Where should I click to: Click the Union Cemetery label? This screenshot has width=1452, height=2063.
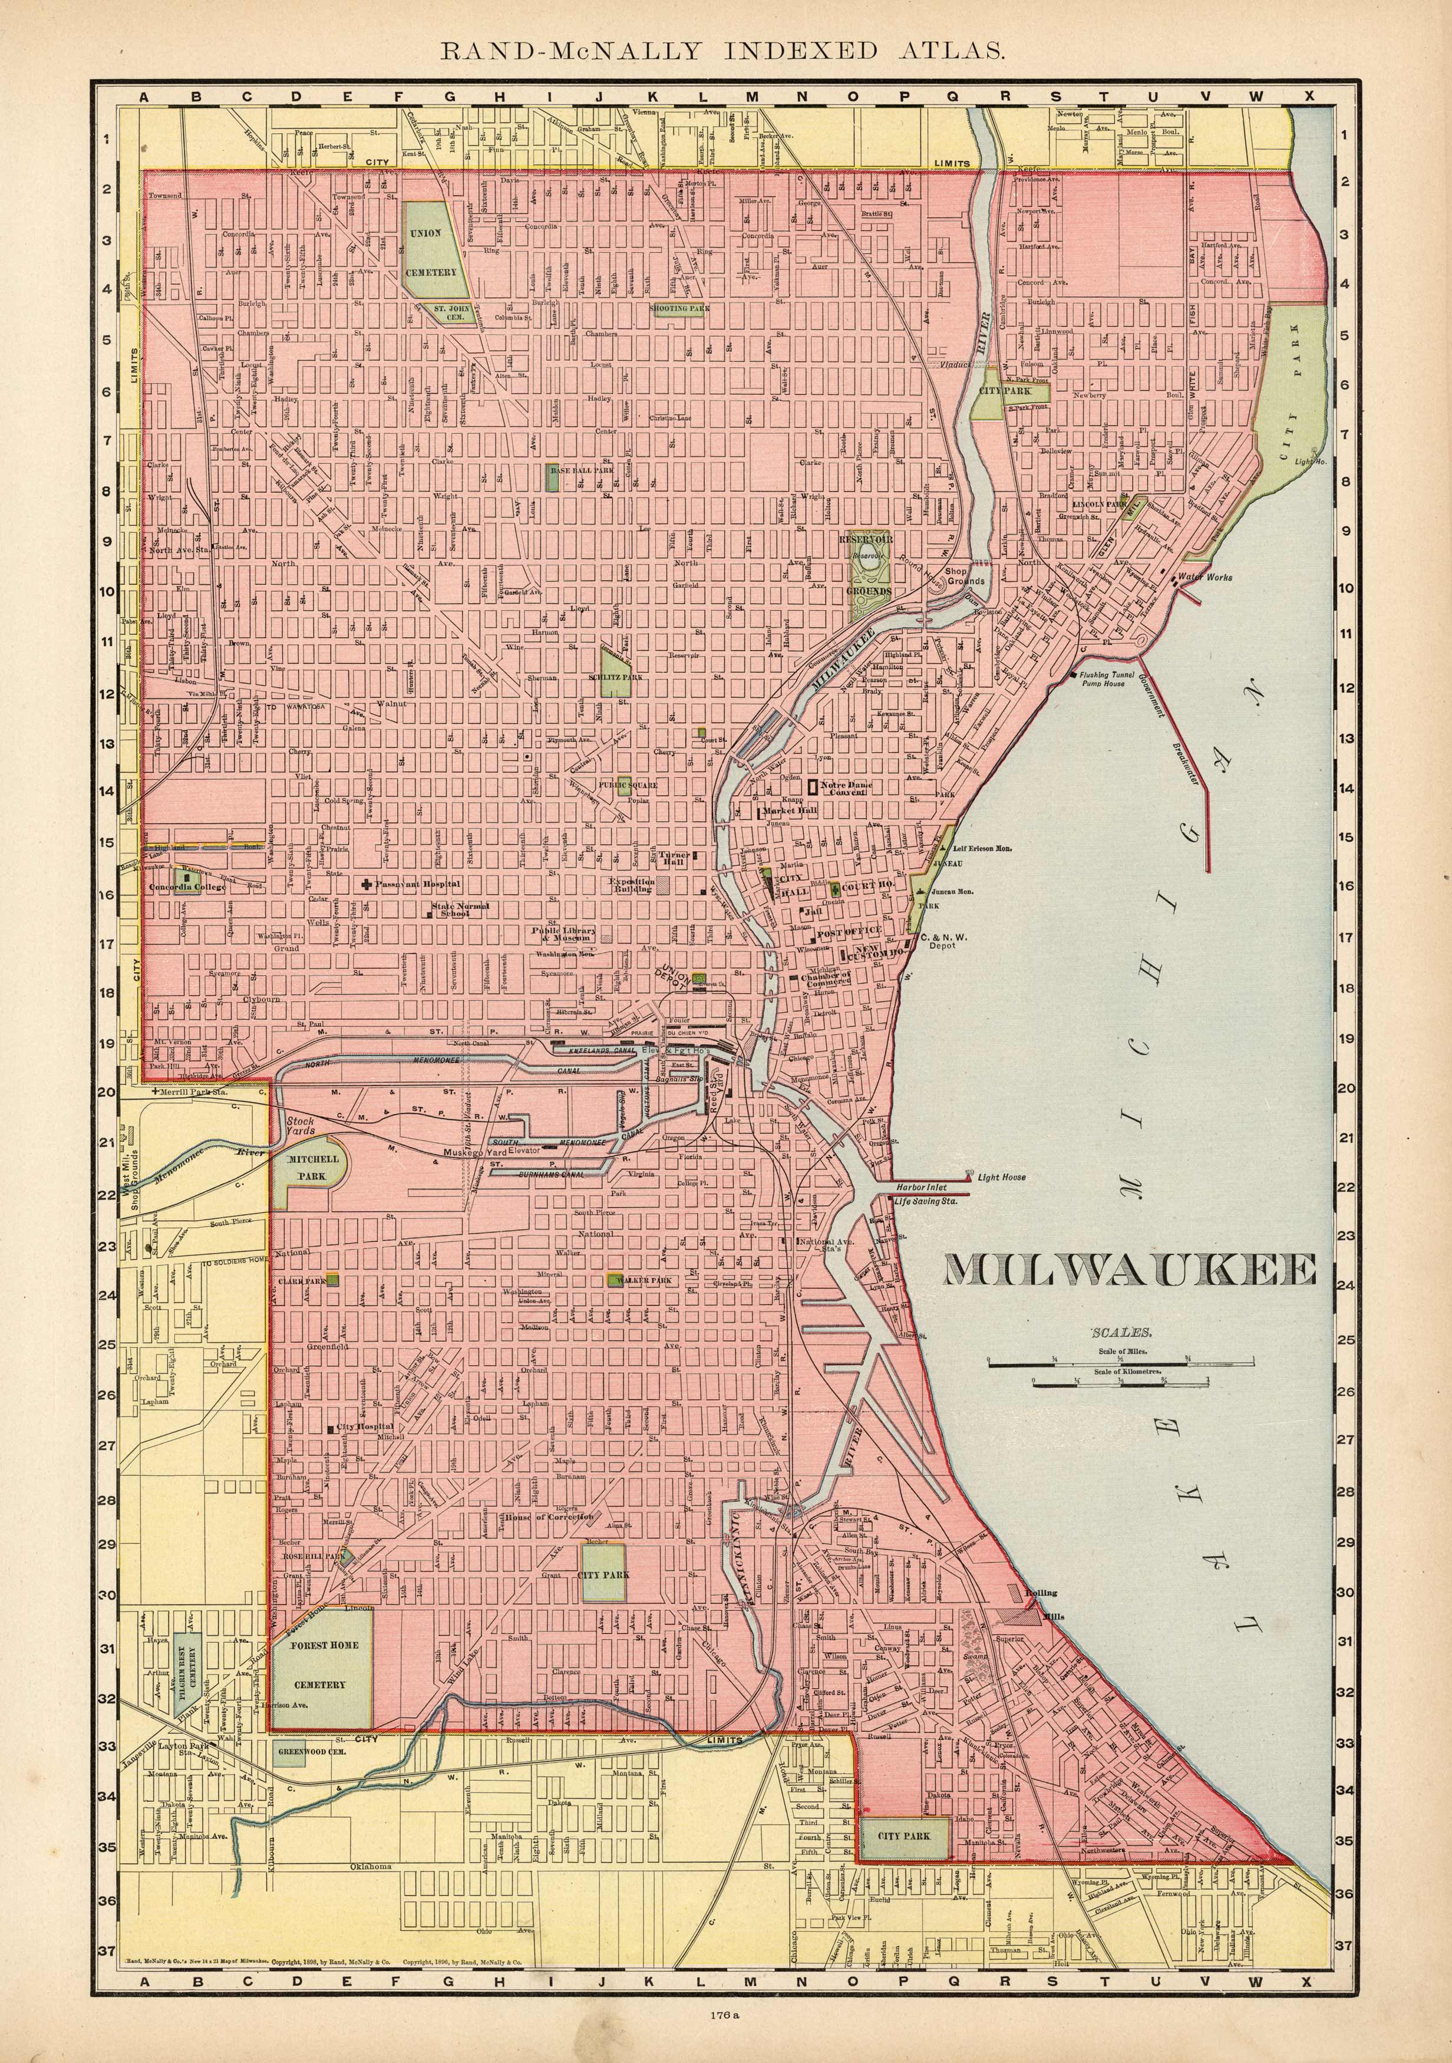(x=431, y=252)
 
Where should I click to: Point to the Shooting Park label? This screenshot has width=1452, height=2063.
(x=679, y=308)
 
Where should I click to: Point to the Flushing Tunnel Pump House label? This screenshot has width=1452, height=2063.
(x=1115, y=678)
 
